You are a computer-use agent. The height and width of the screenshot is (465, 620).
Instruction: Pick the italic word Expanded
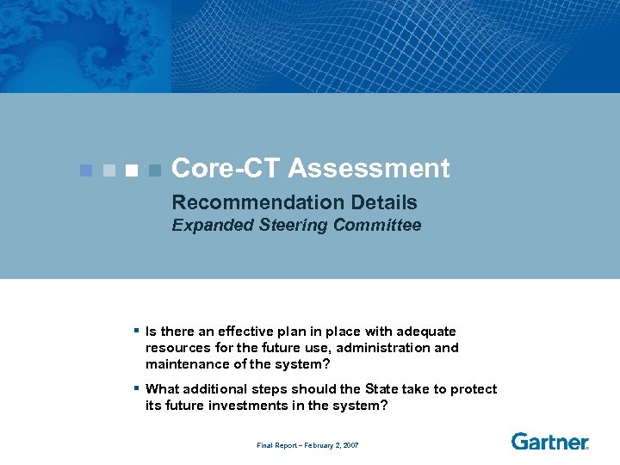[206, 226]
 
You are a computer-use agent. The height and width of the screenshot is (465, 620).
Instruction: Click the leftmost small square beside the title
[84, 170]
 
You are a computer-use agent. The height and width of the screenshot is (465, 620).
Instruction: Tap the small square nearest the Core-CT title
[154, 170]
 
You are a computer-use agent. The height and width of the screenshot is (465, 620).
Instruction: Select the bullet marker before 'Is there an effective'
[137, 330]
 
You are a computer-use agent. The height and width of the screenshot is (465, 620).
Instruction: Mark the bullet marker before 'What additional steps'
[137, 388]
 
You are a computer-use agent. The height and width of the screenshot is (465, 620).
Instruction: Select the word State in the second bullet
[382, 389]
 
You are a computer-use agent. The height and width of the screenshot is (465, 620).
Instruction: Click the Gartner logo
[549, 442]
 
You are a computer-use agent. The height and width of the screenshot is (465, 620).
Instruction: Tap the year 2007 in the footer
[350, 445]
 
